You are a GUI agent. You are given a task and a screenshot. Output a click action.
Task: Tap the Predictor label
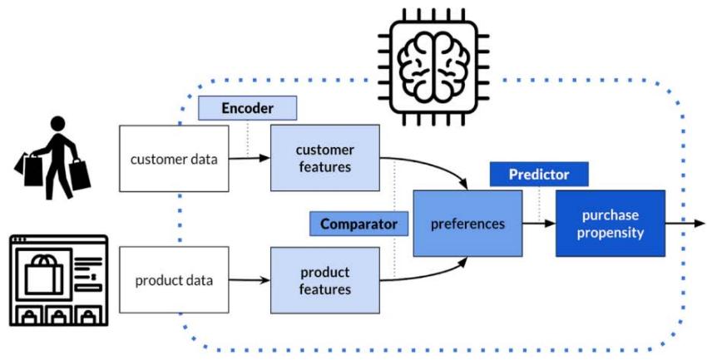pos(539,175)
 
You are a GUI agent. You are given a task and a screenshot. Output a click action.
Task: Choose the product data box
pos(174,280)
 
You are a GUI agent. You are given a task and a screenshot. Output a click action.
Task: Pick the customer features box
pos(324,157)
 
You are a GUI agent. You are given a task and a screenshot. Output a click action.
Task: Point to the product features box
pos(324,280)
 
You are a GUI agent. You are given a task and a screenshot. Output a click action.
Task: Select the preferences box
pos(467,224)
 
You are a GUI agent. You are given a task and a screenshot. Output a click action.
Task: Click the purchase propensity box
pos(611,224)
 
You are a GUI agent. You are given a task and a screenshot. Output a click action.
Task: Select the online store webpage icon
pos(58,280)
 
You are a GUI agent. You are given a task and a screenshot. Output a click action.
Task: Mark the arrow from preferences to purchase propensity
pos(539,224)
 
